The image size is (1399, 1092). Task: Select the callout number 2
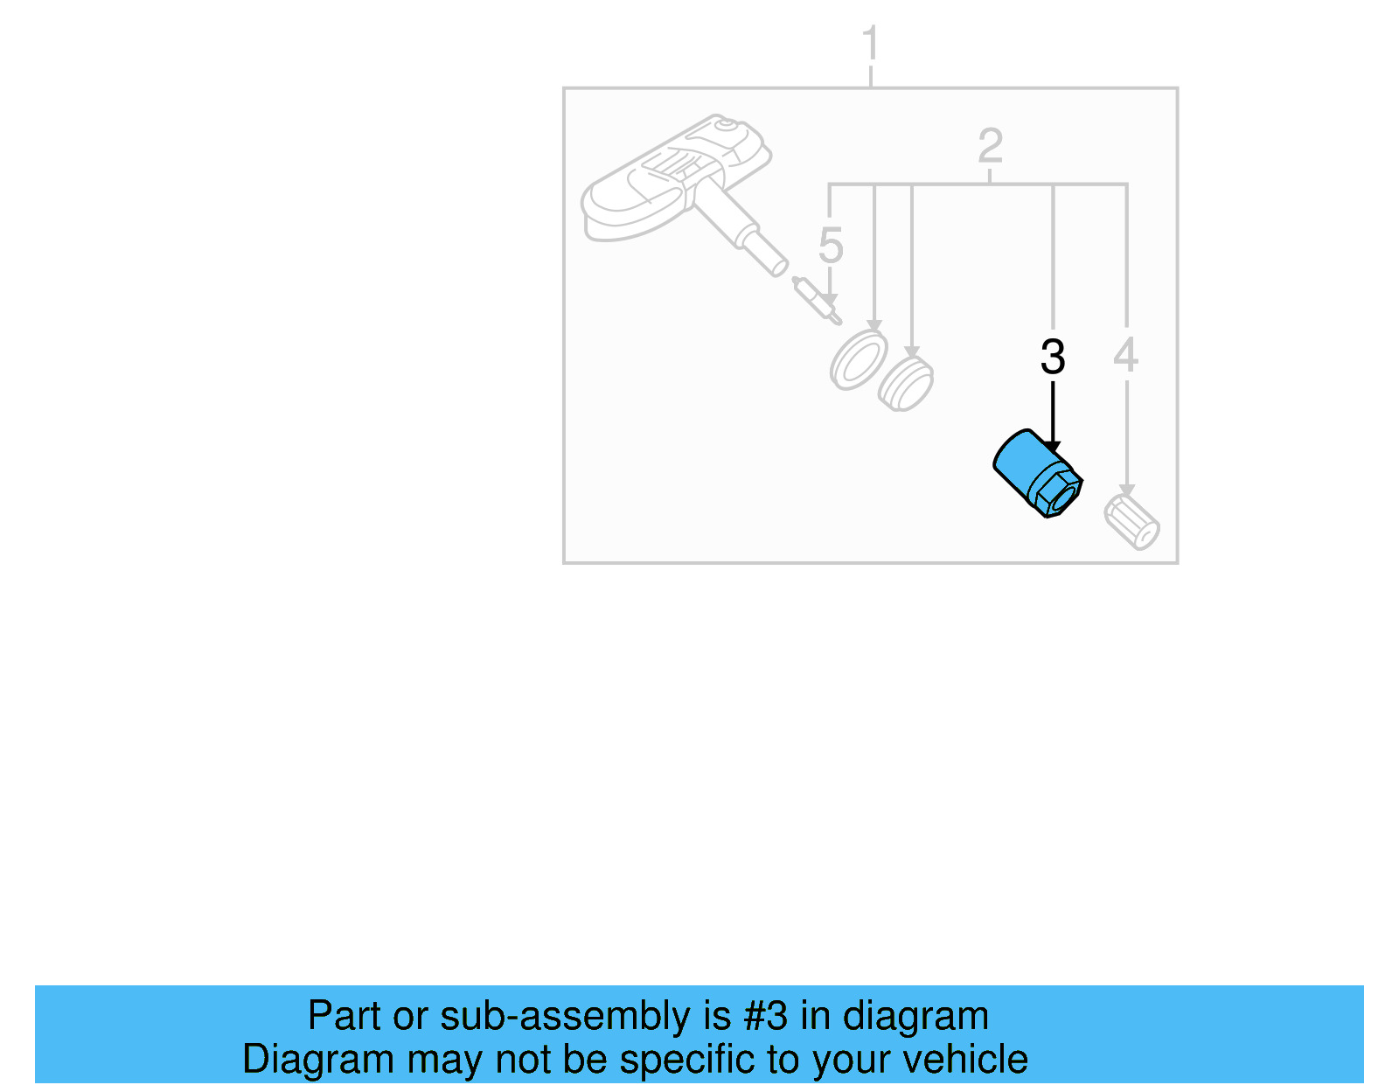[x=990, y=146]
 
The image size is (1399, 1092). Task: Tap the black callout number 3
[x=1053, y=357]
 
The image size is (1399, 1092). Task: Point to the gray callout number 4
[x=1126, y=355]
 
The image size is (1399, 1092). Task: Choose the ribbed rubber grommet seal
[x=906, y=384]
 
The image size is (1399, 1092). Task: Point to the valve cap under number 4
[x=1132, y=522]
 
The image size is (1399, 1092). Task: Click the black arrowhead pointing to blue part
[x=1053, y=448]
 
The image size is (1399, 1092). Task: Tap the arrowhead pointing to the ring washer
[x=874, y=326]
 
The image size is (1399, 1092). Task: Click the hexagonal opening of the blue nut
[x=1061, y=497]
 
